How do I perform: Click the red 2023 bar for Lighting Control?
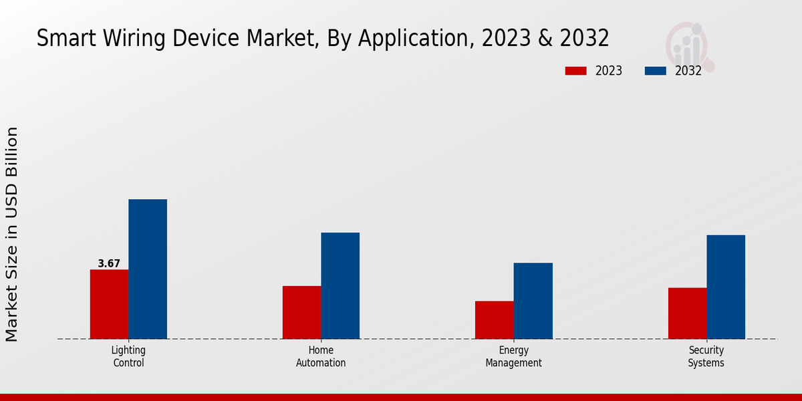(109, 304)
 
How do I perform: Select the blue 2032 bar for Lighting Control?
(148, 269)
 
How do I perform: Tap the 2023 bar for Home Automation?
(301, 312)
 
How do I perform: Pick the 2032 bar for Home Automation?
(340, 285)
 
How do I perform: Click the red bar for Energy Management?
(495, 319)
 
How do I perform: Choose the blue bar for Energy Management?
(533, 301)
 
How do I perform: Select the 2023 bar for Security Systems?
(687, 313)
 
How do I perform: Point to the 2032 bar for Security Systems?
(726, 287)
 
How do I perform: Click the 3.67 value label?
(109, 264)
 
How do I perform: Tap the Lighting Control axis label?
(128, 356)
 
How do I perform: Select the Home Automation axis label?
(321, 356)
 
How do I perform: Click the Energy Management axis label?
(514, 356)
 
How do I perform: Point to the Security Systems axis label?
(706, 356)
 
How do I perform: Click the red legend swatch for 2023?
(575, 71)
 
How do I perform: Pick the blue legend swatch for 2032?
(655, 71)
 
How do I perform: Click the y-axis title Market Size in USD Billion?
(12, 234)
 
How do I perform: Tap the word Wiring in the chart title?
(128, 39)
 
